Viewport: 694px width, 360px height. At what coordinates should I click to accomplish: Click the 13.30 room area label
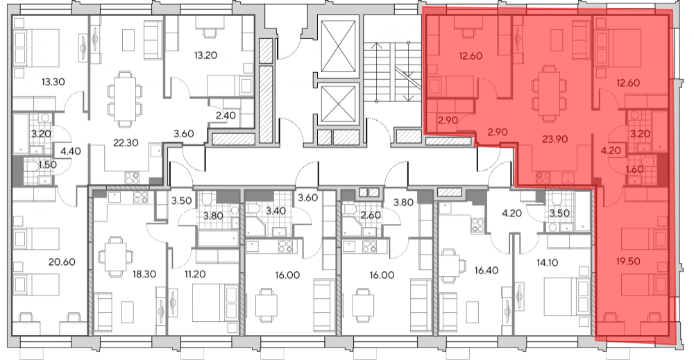click(x=53, y=82)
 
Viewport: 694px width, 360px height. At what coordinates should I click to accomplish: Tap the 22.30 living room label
click(x=126, y=143)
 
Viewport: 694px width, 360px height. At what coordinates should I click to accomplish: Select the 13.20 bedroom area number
click(x=205, y=55)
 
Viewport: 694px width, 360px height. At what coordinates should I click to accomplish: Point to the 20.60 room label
click(x=62, y=262)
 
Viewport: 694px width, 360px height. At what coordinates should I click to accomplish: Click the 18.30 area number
click(x=144, y=274)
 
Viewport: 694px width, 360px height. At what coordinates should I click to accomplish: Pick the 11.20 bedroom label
click(x=195, y=274)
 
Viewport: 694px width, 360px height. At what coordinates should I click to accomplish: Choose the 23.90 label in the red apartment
click(x=555, y=139)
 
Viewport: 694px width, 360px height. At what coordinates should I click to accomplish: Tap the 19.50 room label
click(x=628, y=262)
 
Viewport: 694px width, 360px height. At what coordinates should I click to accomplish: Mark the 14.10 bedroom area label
click(x=547, y=263)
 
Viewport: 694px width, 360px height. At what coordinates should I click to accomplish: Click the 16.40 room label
click(x=486, y=271)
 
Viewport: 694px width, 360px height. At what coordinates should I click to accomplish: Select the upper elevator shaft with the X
click(x=339, y=46)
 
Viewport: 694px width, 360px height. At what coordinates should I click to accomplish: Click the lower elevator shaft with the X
click(x=339, y=104)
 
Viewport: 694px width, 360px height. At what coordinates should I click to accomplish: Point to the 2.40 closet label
click(x=226, y=116)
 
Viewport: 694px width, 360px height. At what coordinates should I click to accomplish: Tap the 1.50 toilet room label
click(x=47, y=165)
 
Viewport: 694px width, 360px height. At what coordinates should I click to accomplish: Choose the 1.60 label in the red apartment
click(x=635, y=169)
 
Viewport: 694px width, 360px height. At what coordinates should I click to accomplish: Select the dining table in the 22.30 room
click(x=125, y=98)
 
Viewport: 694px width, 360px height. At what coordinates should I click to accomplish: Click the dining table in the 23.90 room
click(x=549, y=92)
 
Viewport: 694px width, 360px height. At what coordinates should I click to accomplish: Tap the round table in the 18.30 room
click(x=115, y=257)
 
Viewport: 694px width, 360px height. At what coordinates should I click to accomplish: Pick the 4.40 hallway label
click(x=71, y=151)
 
